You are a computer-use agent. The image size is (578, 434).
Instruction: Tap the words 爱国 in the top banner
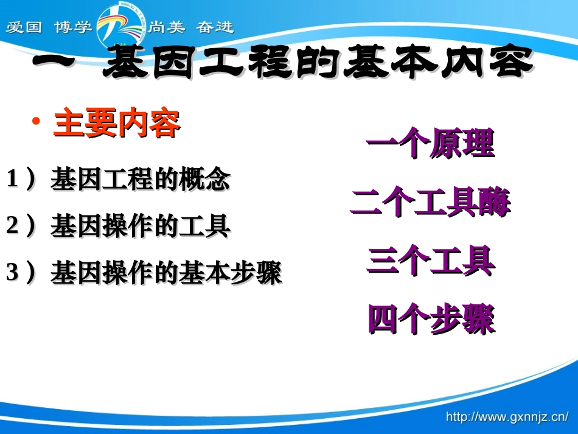24,28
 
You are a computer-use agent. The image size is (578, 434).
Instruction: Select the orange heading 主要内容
117,123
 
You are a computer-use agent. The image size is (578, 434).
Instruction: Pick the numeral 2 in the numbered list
12,226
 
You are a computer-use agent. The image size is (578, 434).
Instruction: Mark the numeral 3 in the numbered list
12,273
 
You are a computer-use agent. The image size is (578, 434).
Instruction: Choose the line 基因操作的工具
140,226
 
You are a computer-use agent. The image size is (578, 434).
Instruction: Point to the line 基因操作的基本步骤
166,273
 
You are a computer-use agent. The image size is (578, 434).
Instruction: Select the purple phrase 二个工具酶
430,203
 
